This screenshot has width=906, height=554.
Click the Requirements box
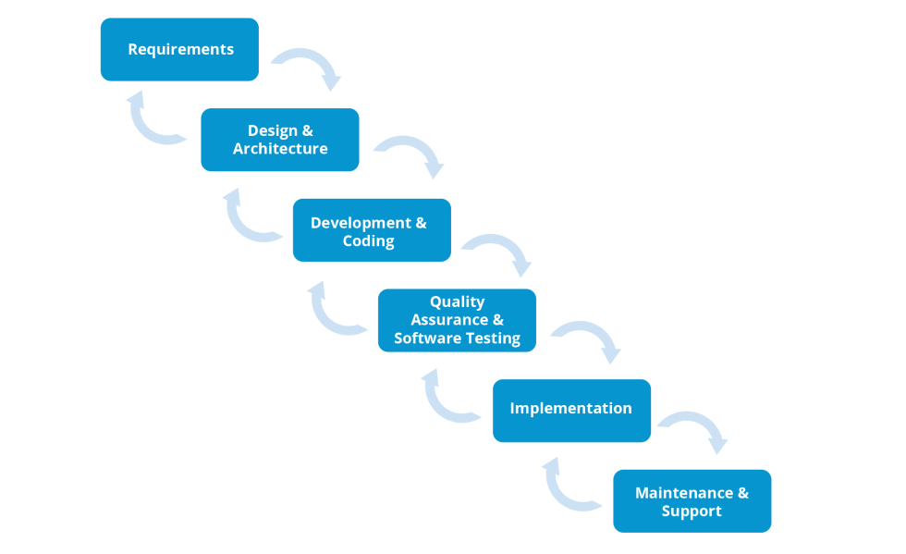coord(179,49)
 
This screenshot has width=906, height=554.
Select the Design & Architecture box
coord(279,140)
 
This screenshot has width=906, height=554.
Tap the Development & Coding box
coord(372,230)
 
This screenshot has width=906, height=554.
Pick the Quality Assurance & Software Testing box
coord(457,320)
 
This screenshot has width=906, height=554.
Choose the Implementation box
coord(571,411)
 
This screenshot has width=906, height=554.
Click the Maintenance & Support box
coord(692,500)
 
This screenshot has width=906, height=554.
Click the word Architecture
coord(280,149)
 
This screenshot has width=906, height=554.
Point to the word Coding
coord(369,241)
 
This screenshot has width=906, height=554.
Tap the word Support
coord(692,511)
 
